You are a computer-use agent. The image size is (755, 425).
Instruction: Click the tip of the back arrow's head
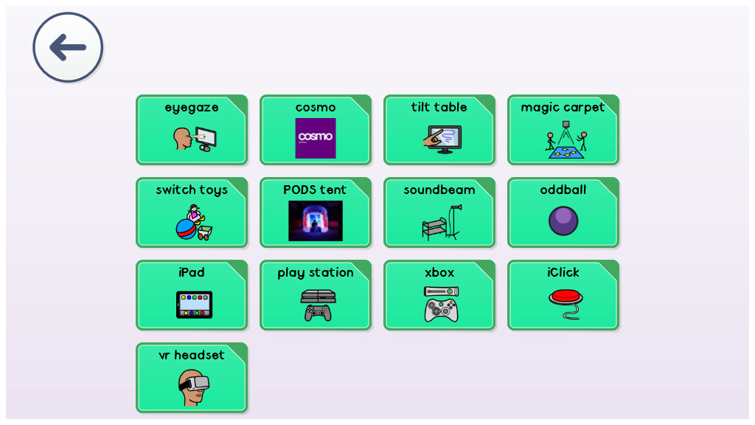pyautogui.click(x=51, y=47)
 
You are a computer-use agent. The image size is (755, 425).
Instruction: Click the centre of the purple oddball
pyautogui.click(x=563, y=221)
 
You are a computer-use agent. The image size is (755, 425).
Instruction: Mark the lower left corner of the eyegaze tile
pyautogui.click(x=137, y=164)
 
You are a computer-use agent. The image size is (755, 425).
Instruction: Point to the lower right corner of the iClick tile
pyautogui.click(x=618, y=329)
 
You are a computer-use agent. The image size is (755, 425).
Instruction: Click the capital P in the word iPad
pyautogui.click(x=185, y=272)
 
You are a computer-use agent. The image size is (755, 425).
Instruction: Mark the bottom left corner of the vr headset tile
pyautogui.click(x=137, y=412)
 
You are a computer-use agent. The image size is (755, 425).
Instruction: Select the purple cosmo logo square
pyautogui.click(x=316, y=138)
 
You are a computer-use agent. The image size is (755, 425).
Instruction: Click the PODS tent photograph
pyautogui.click(x=316, y=221)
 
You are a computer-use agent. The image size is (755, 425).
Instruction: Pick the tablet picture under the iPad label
pyautogui.click(x=194, y=305)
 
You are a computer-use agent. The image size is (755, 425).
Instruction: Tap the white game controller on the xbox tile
pyautogui.click(x=441, y=311)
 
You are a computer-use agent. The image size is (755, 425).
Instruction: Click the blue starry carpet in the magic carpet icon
pyautogui.click(x=566, y=153)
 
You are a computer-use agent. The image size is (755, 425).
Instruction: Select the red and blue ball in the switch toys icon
pyautogui.click(x=186, y=229)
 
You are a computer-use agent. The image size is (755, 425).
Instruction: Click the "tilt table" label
pyautogui.click(x=439, y=107)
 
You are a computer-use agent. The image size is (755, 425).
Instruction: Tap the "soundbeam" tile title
pyautogui.click(x=439, y=190)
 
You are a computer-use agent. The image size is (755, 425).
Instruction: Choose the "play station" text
pyautogui.click(x=316, y=273)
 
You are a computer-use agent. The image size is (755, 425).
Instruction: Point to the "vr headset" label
pyautogui.click(x=192, y=355)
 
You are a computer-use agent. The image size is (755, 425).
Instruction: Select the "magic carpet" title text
pyautogui.click(x=563, y=108)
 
